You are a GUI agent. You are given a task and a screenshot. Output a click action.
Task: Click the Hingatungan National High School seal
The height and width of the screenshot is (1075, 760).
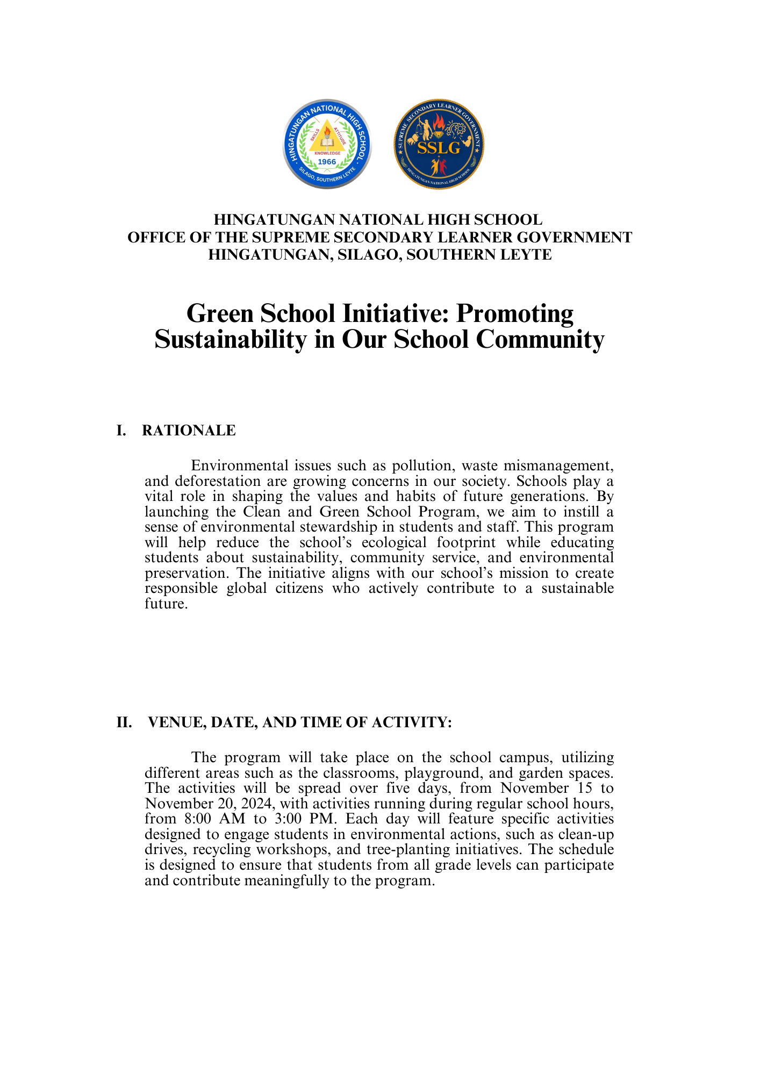click(327, 144)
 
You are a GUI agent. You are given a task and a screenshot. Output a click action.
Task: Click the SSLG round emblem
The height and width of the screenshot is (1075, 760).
click(439, 144)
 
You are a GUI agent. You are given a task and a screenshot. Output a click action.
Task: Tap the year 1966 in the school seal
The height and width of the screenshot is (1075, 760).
click(327, 162)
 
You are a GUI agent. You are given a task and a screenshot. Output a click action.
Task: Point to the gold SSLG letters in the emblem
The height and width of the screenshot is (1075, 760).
click(439, 148)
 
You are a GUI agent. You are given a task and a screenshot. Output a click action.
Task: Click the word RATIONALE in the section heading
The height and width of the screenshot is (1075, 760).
click(189, 431)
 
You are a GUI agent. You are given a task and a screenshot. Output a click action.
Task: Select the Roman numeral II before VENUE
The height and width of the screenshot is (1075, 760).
click(124, 722)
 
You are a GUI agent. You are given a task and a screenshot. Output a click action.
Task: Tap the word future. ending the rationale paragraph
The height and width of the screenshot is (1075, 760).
click(166, 604)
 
